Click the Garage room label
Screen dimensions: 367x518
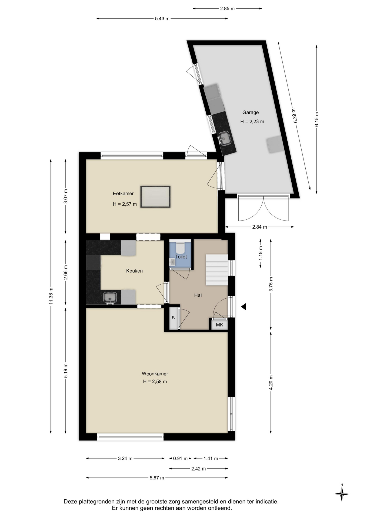coord(250,113)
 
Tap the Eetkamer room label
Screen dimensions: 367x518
coord(123,193)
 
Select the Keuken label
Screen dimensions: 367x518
coord(134,271)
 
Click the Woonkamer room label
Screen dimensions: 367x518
coord(155,374)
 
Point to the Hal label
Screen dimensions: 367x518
coord(198,295)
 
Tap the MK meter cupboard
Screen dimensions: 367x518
coord(219,325)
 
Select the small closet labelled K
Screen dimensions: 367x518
coord(174,317)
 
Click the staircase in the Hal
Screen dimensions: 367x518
coord(217,270)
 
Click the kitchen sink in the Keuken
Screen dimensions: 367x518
coord(110,298)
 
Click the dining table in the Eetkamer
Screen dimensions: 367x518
coord(155,197)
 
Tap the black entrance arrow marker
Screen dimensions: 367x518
coord(243,306)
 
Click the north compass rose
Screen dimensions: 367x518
coord(342,494)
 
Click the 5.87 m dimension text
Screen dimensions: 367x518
coord(157,478)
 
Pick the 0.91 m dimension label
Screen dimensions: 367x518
coord(180,458)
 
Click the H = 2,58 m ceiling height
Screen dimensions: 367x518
coord(155,381)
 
